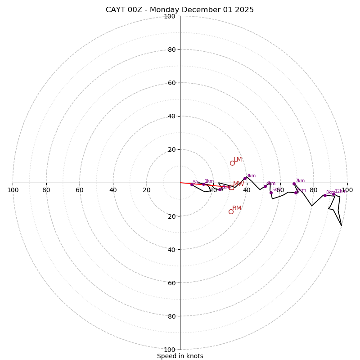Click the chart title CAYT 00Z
coord(180,10)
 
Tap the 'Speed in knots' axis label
coord(180,356)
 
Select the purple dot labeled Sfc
coord(192,184)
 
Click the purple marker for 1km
coord(203,184)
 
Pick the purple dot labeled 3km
coord(245,179)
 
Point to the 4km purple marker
coord(265,186)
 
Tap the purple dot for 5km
coord(271,193)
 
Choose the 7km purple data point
coord(294,184)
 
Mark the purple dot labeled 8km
coord(325,195)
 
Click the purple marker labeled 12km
coord(333,194)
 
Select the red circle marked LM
coord(232,163)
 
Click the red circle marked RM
coord(231,211)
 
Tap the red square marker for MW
coord(231,187)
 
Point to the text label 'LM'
coord(238,160)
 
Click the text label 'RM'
coord(237,208)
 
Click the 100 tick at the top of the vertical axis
coord(170,16)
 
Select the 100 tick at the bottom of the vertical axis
coord(170,350)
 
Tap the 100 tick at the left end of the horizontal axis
coord(13,190)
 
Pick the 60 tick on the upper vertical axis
coord(171,83)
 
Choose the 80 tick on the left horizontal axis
coord(46,190)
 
